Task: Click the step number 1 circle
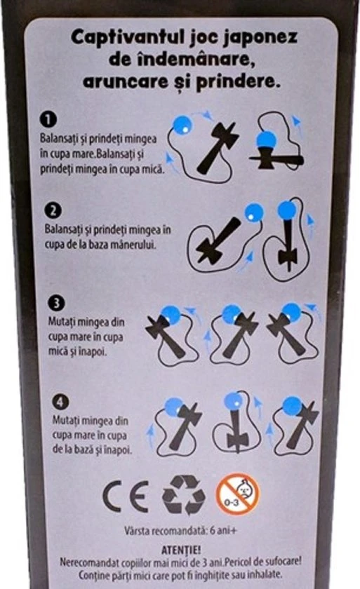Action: [x=48, y=120]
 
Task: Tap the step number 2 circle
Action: [x=53, y=210]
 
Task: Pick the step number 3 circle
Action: [x=57, y=303]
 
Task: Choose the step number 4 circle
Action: [x=60, y=402]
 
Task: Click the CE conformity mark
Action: [x=126, y=496]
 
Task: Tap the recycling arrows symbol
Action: [x=183, y=495]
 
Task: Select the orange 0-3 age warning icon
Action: [x=237, y=494]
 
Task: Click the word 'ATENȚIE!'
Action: [x=181, y=550]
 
